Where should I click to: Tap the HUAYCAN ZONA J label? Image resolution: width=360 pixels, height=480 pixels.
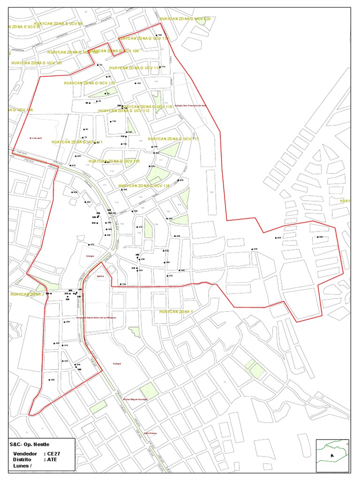[27, 294]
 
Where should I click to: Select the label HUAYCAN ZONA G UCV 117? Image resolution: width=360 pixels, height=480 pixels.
[173, 139]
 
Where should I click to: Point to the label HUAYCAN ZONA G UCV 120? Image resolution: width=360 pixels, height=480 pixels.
[185, 19]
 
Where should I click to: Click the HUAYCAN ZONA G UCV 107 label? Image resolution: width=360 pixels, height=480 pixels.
[37, 62]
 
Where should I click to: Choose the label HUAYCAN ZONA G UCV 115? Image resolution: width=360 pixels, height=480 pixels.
[114, 161]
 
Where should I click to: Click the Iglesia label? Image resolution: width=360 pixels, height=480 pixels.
[100, 277]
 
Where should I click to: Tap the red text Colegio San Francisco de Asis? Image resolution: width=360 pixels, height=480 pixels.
[190, 106]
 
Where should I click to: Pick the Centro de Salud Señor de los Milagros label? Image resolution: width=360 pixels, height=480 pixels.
[96, 317]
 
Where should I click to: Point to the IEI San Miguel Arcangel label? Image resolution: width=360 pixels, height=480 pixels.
[135, 399]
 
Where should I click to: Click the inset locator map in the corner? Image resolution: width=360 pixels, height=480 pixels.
[332, 455]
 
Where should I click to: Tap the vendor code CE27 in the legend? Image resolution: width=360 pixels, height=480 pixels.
[54, 453]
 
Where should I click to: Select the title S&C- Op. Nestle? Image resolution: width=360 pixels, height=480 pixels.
[30, 444]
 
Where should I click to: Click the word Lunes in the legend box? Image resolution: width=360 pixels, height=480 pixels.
[22, 466]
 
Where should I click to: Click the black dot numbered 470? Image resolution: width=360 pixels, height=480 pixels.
[88, 245]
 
